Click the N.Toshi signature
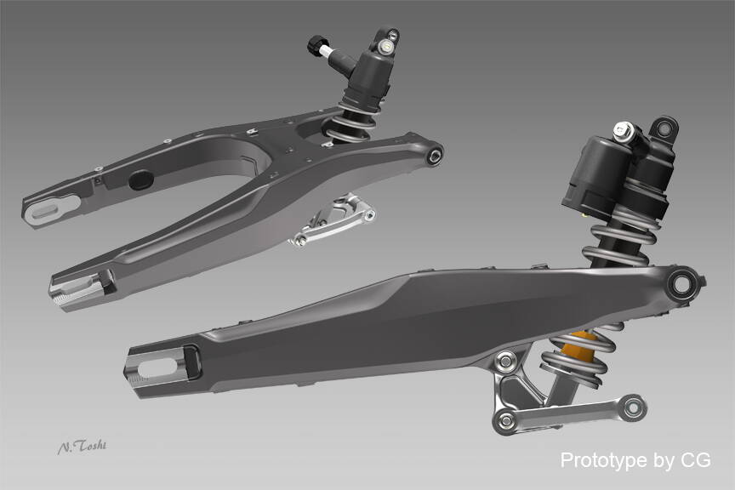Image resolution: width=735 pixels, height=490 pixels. (x=82, y=447)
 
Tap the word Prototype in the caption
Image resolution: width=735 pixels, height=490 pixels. (x=603, y=460)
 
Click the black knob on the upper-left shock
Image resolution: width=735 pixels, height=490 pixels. (x=316, y=45)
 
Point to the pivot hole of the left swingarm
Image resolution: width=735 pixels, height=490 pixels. (x=435, y=156)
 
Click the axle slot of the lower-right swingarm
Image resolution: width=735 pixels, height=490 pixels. (x=157, y=367)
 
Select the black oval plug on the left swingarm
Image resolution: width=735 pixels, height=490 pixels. (x=141, y=180)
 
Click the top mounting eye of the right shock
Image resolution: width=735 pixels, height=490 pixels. (x=664, y=128)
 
